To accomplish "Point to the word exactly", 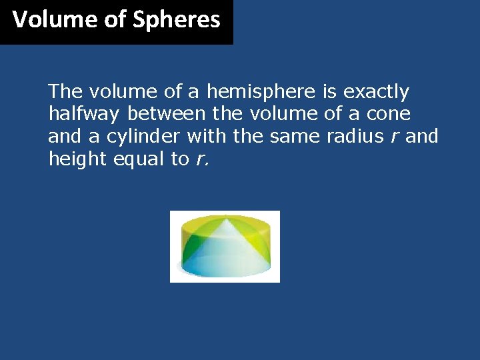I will pyautogui.click(x=376, y=91).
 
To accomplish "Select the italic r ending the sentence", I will pyautogui.click(x=199, y=160).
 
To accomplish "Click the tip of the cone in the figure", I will pyautogui.click(x=225, y=217).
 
